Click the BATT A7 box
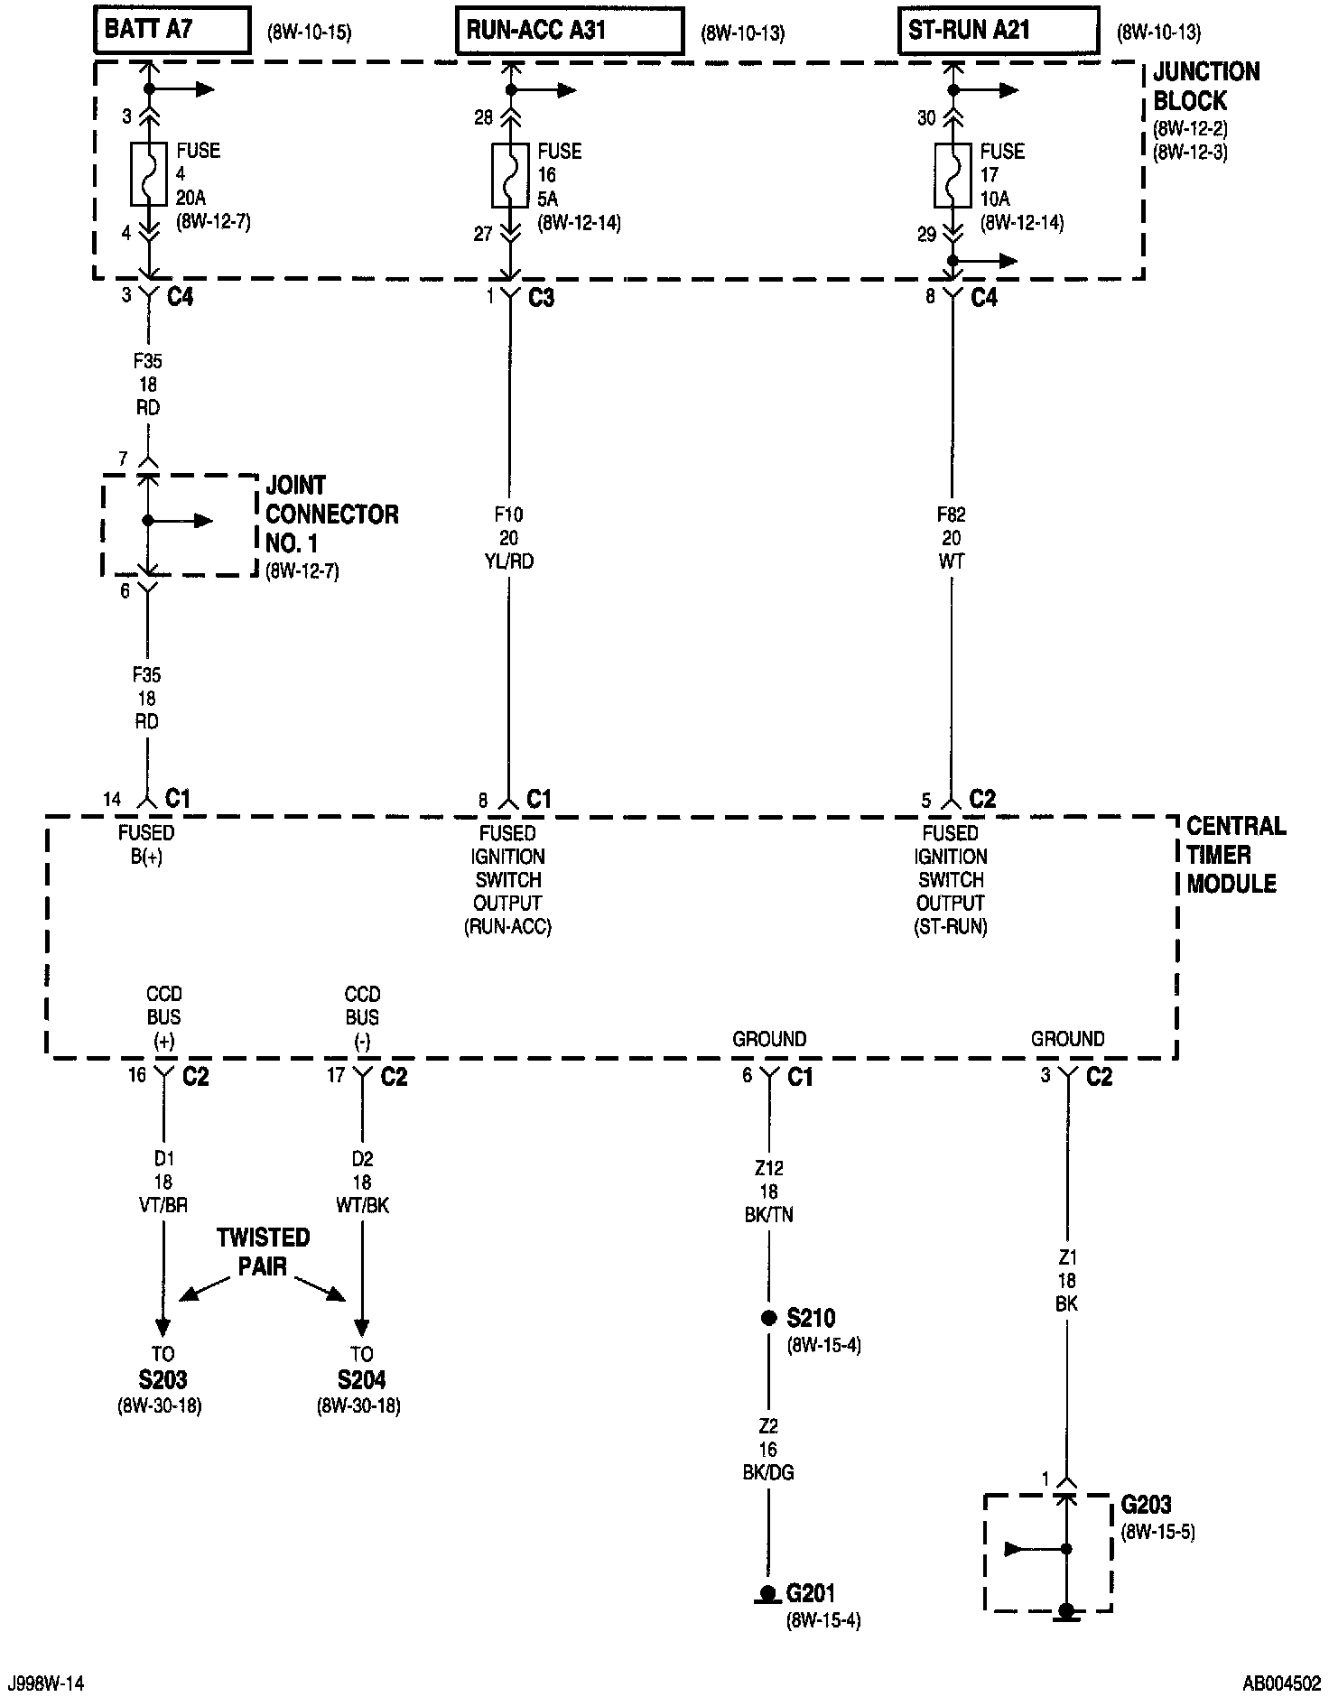(172, 30)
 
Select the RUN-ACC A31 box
(569, 32)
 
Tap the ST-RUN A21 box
(999, 31)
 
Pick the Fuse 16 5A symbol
(510, 174)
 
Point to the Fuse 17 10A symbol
(952, 174)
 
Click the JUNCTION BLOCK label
(1205, 86)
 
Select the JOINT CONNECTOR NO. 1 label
(331, 515)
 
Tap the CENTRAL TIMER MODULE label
(1234, 854)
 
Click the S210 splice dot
(769, 1318)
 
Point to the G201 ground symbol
(767, 1594)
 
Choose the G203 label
(1146, 1505)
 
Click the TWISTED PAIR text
(263, 1251)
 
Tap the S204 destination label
(361, 1379)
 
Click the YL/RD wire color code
(508, 561)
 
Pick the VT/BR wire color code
(163, 1205)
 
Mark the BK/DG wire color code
(768, 1472)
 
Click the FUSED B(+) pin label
(146, 844)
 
